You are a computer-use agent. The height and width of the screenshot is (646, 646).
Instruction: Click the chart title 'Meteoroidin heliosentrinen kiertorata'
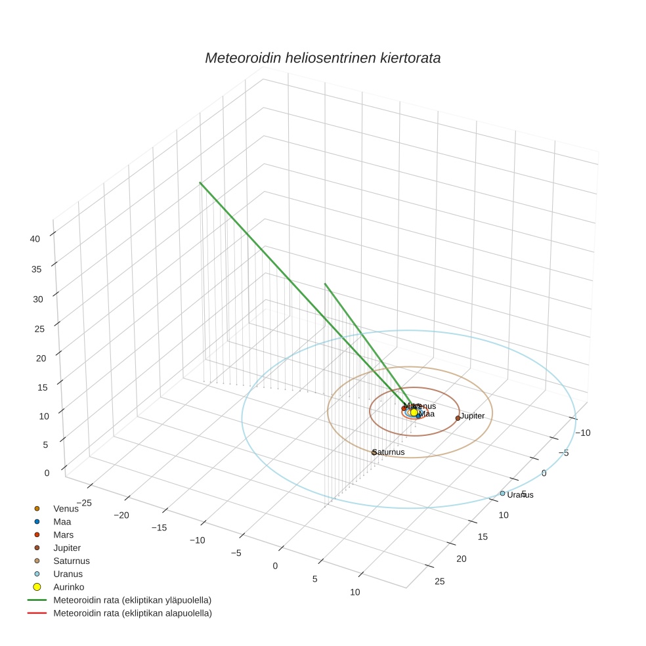coord(322,58)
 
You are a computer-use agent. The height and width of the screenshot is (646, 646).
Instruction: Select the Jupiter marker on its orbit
coord(458,418)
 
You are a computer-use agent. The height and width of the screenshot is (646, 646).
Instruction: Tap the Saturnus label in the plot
coord(389,452)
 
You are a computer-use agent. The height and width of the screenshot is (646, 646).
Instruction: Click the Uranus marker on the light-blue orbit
coord(502,493)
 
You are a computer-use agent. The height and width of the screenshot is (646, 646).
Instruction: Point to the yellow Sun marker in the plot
coord(414,412)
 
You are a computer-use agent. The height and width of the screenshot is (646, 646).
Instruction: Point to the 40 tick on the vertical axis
coord(35,239)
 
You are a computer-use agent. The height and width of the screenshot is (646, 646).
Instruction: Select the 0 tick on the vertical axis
coord(45,473)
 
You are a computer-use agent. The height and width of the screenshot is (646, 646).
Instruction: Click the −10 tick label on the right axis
coord(584,433)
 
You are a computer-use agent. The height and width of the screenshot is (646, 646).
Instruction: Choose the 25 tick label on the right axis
coord(440,582)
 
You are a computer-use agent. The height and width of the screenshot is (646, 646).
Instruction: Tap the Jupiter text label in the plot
coord(473,416)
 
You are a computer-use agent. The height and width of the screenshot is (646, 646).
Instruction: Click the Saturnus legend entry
coord(71,561)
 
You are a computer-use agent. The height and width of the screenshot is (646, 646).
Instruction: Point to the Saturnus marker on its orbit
coord(374,453)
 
